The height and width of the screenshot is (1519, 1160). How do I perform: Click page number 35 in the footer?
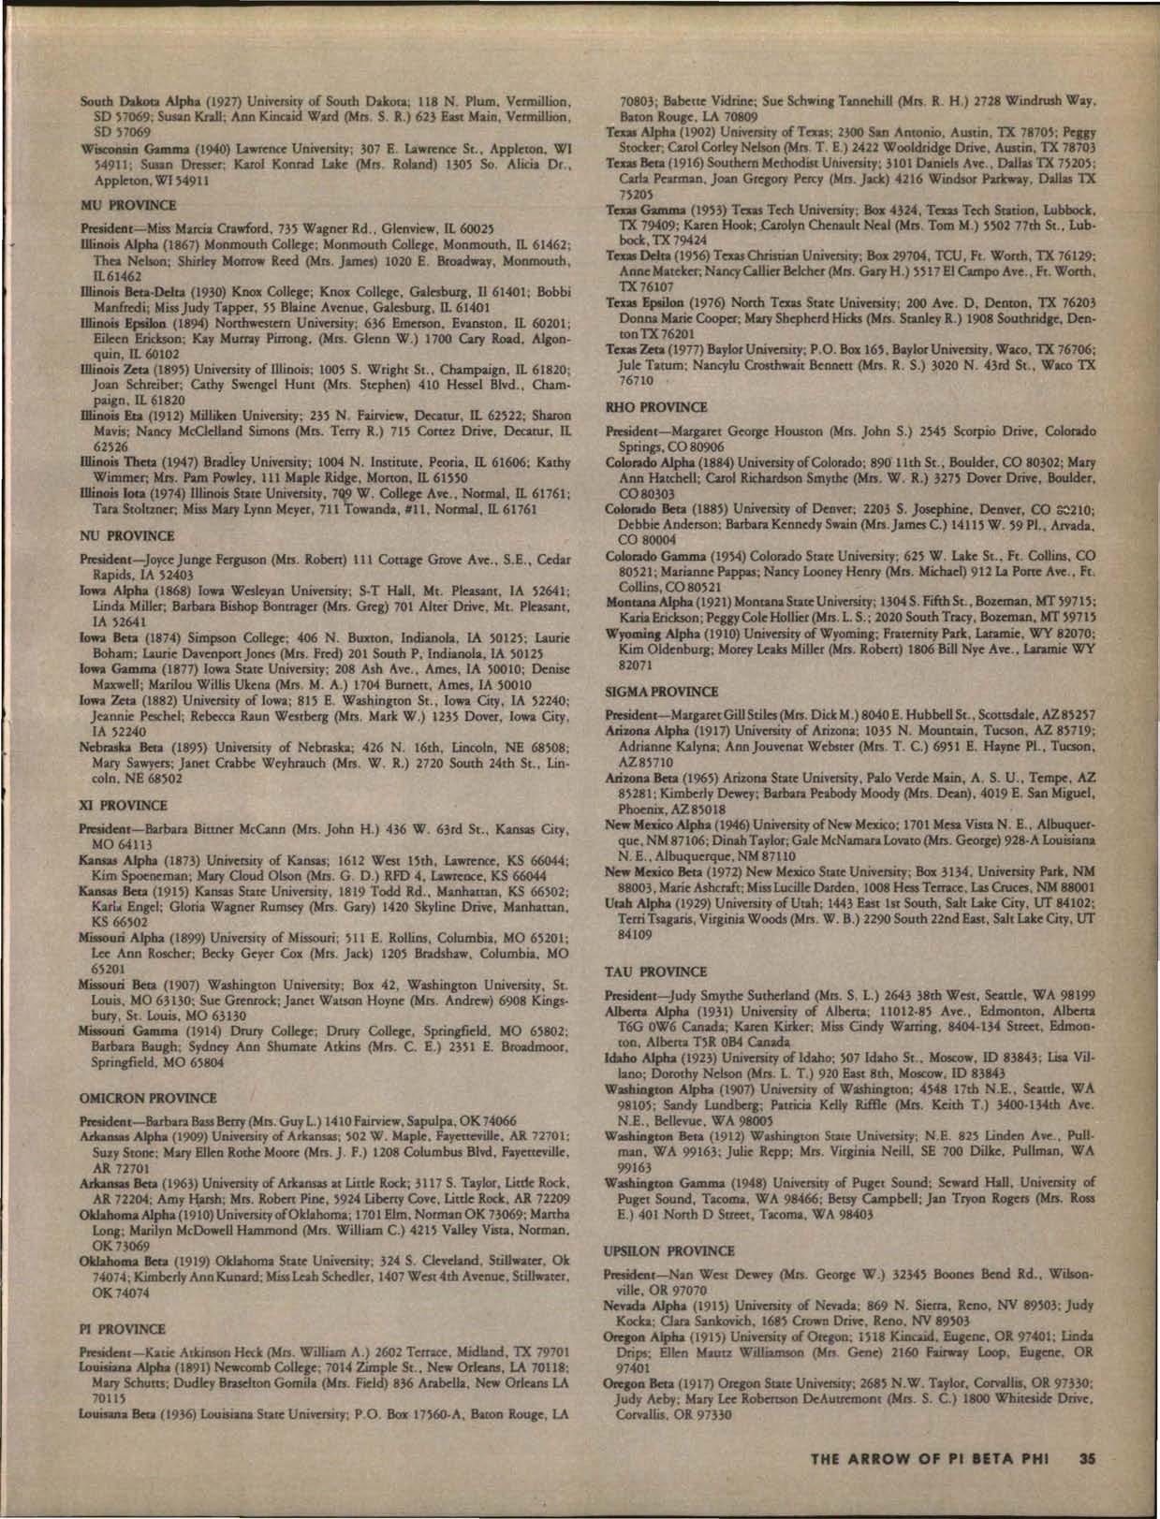click(1086, 1455)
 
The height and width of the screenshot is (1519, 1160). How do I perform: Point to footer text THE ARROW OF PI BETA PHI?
click(937, 1455)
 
